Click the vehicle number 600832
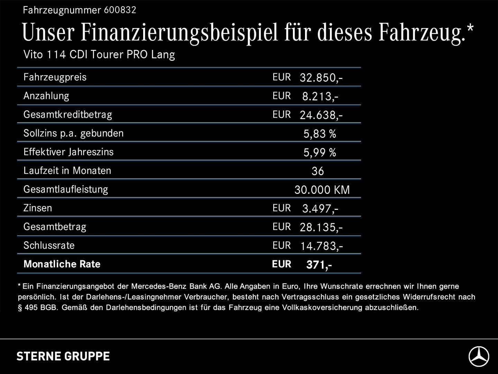coord(120,10)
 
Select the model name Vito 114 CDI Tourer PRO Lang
coord(99,55)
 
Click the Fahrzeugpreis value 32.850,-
coord(321,78)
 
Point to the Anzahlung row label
coord(46,96)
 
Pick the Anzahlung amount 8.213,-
coord(320,96)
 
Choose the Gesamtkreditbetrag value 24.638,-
coord(321,115)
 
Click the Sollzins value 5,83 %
coord(320,134)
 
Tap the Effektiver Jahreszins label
coord(68,152)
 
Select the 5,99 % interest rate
coord(320,152)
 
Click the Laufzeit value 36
coord(317,171)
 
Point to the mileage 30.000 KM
coord(322,190)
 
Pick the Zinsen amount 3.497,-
coord(320,208)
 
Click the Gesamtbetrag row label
coord(55,227)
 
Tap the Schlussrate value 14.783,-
coord(321,246)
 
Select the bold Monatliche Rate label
coord(62,264)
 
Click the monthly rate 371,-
coord(319,265)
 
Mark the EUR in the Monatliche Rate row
coord(282,264)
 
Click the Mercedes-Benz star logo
coord(479,356)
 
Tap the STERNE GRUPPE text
coord(63,356)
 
